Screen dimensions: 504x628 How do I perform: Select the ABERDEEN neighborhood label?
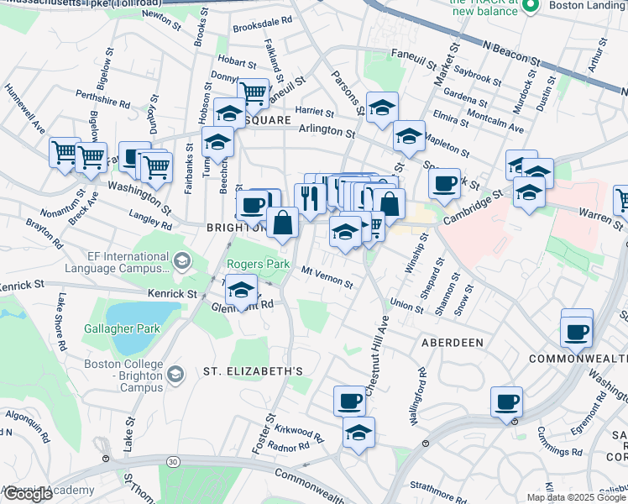pyautogui.click(x=452, y=343)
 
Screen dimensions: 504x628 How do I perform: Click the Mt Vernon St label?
pyautogui.click(x=327, y=278)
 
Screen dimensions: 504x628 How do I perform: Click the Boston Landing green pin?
pyautogui.click(x=530, y=7)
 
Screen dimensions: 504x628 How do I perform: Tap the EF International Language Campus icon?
pyautogui.click(x=181, y=263)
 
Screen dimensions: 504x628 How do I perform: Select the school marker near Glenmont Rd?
pyautogui.click(x=242, y=289)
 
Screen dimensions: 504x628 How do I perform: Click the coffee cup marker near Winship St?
pyautogui.click(x=444, y=181)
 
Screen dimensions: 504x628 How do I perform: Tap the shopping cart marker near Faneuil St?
pyautogui.click(x=253, y=92)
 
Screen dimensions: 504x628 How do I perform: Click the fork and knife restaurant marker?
pyautogui.click(x=311, y=197)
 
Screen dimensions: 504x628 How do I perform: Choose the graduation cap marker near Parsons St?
pyautogui.click(x=382, y=108)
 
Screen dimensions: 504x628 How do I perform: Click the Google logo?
pyautogui.click(x=28, y=494)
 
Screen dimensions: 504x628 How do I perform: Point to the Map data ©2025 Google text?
pyautogui.click(x=575, y=497)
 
